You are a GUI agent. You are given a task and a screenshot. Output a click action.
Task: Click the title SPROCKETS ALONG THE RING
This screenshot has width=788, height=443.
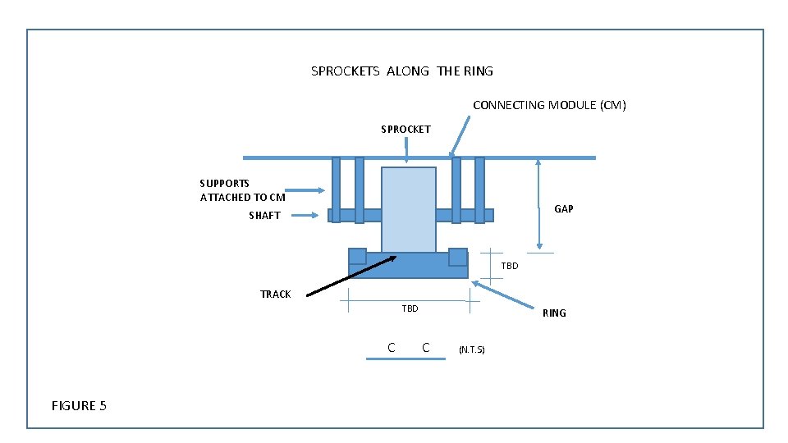click(402, 71)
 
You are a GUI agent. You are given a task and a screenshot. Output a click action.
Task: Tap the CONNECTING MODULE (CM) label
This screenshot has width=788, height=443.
click(549, 105)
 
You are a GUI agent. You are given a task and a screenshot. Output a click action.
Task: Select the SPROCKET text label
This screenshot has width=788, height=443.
click(405, 130)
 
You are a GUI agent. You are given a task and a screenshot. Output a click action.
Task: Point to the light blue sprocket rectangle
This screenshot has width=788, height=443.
click(408, 209)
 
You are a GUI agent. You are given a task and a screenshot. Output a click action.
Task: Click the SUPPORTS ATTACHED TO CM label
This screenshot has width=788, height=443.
click(242, 190)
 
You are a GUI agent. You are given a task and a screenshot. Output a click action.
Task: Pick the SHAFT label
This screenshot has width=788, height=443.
click(264, 216)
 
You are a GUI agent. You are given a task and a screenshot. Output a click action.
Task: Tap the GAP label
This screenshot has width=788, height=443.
click(563, 209)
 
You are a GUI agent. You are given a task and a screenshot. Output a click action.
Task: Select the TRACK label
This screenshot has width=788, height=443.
click(275, 295)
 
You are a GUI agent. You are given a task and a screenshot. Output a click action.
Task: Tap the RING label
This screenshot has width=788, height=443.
click(554, 313)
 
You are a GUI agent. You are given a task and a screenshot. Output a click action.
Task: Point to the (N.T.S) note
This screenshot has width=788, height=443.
click(472, 350)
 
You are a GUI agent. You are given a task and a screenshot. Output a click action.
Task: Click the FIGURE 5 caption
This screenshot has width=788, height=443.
click(79, 405)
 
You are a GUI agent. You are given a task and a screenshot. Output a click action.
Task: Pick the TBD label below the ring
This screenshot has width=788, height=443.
click(410, 309)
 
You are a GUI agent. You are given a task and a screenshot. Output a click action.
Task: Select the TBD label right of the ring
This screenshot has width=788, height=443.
click(510, 266)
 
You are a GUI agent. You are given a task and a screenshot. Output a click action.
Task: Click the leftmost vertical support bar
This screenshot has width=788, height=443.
click(336, 190)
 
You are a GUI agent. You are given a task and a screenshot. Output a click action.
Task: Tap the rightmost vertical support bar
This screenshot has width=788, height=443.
click(479, 190)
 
